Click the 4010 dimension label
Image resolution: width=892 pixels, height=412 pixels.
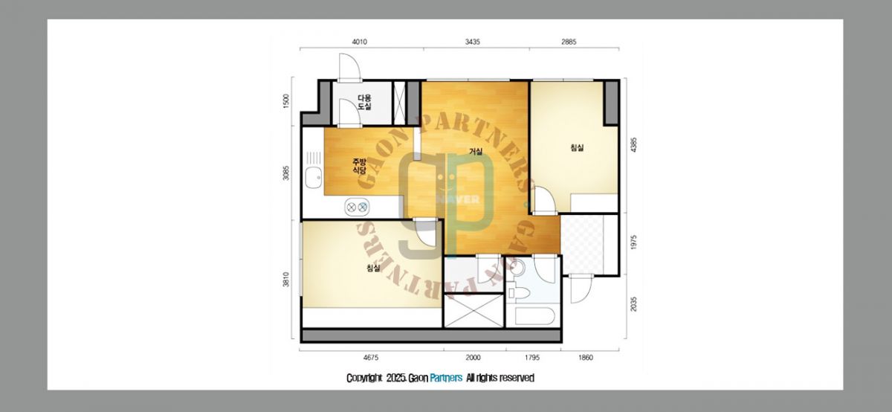(x=360, y=42)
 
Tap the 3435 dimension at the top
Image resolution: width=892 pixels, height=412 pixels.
(x=472, y=42)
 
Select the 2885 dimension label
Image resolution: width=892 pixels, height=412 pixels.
(x=569, y=42)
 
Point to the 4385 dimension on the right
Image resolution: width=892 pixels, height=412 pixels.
(x=634, y=144)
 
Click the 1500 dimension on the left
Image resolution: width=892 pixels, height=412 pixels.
(x=285, y=101)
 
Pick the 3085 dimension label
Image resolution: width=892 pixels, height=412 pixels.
(x=285, y=173)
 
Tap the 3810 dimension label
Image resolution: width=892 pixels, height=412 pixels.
(x=285, y=280)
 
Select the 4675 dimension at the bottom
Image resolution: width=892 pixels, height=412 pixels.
(x=371, y=358)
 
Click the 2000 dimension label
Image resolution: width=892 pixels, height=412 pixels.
(x=473, y=358)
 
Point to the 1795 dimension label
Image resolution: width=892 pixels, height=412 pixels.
(x=532, y=358)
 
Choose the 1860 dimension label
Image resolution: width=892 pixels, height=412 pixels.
(x=586, y=358)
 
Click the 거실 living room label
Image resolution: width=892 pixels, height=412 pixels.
(x=476, y=152)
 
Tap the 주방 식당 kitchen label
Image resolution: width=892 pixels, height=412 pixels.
(x=359, y=166)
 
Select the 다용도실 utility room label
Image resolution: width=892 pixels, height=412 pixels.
(x=364, y=102)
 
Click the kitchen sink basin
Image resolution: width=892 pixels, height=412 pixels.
(x=314, y=178)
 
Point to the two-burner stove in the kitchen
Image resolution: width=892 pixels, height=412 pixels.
(x=357, y=207)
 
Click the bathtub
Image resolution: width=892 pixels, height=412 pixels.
(x=534, y=316)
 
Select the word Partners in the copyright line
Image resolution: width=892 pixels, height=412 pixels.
(x=446, y=378)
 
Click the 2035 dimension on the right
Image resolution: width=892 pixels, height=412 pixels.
(x=634, y=304)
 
